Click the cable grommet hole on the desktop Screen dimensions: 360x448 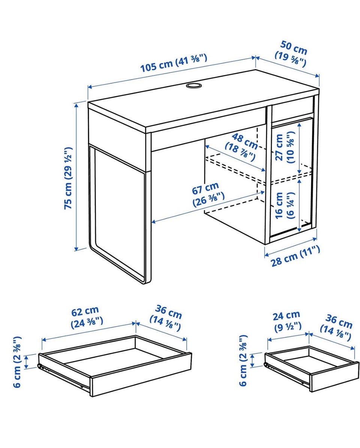coord(193,86)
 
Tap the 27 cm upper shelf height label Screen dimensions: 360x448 coord(285,147)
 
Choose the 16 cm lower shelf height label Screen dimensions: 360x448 coord(285,205)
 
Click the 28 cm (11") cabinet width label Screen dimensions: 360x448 coord(295,256)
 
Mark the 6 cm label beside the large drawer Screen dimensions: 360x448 coord(17,362)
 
